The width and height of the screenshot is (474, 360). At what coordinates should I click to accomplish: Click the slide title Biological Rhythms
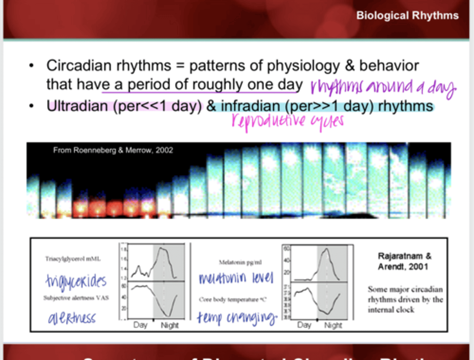[x=407, y=15]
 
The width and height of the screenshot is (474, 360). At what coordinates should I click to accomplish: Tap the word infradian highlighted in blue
[x=250, y=106]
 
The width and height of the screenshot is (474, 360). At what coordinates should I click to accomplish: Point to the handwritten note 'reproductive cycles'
[x=287, y=121]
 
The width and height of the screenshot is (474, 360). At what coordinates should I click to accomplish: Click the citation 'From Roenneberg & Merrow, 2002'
[x=113, y=150]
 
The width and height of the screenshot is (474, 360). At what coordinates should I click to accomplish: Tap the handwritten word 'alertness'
[x=72, y=318]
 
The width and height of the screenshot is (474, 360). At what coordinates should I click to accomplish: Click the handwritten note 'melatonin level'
[x=236, y=278]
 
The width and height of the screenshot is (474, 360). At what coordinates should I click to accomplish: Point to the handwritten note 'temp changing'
[x=237, y=318]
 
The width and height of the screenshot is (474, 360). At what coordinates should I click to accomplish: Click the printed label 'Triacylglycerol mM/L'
[x=73, y=259]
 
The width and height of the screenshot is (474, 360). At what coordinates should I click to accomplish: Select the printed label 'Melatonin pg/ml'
[x=240, y=262]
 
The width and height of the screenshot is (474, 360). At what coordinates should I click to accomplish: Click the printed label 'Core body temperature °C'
[x=232, y=299]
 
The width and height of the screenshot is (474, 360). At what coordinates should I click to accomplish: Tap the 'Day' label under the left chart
[x=140, y=325]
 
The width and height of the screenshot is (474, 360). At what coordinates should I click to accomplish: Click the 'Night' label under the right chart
[x=333, y=325]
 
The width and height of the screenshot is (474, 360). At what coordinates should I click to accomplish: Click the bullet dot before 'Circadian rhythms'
[x=31, y=65]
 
